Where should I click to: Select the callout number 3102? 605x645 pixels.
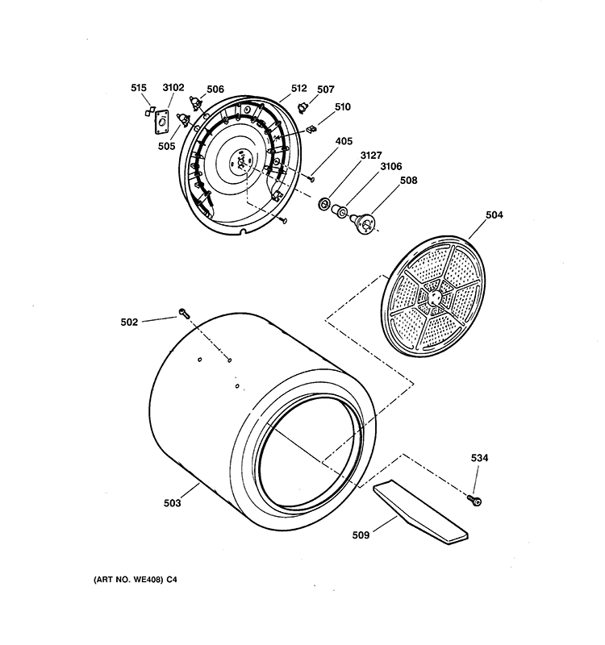click(x=173, y=89)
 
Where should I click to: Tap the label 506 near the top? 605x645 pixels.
click(x=215, y=89)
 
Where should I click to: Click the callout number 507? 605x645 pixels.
click(x=326, y=89)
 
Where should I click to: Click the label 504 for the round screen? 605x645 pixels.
click(x=494, y=214)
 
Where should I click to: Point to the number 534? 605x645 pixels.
click(x=479, y=458)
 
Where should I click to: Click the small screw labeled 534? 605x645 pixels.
click(x=477, y=501)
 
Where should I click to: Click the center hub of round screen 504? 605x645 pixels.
click(x=436, y=297)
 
